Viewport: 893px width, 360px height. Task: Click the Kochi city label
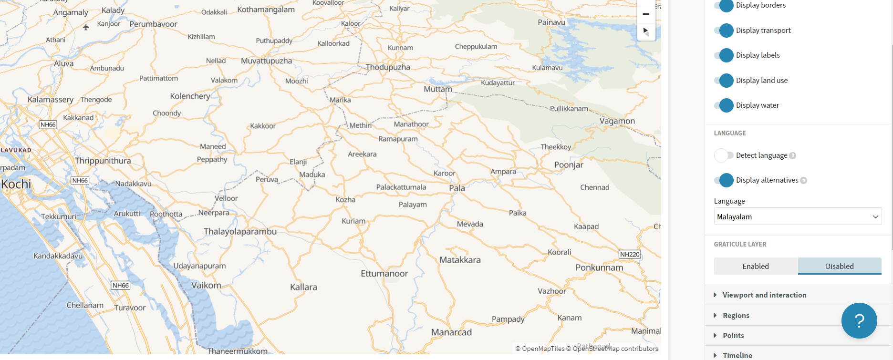16,184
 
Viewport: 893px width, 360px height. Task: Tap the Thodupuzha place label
388,67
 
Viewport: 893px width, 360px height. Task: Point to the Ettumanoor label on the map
384,274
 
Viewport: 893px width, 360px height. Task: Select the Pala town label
457,188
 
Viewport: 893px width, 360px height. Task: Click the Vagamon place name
617,121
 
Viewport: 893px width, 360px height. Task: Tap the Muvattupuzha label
266,61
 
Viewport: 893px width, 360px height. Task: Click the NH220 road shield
630,255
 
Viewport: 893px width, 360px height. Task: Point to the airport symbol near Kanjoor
86,27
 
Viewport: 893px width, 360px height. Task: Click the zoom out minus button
646,14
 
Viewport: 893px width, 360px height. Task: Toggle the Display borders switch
724,6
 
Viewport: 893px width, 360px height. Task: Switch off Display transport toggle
724,31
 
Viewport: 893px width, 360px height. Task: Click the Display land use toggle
724,81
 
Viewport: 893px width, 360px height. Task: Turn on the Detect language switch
724,155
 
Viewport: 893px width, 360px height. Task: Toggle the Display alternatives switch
724,180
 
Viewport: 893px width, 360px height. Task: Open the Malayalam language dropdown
798,216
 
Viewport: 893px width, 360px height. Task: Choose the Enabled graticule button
756,266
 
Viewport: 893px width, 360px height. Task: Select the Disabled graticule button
840,266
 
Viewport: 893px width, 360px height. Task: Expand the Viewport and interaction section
764,295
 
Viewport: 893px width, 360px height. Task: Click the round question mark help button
859,321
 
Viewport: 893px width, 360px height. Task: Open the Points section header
733,336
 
